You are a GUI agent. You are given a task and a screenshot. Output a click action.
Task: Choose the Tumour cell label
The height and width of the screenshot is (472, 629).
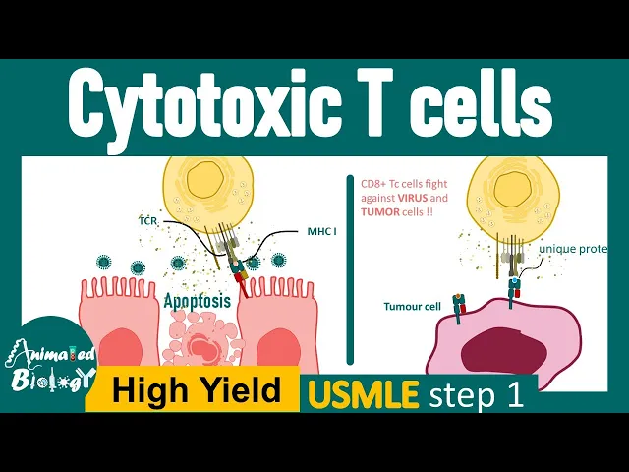pyautogui.click(x=411, y=306)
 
